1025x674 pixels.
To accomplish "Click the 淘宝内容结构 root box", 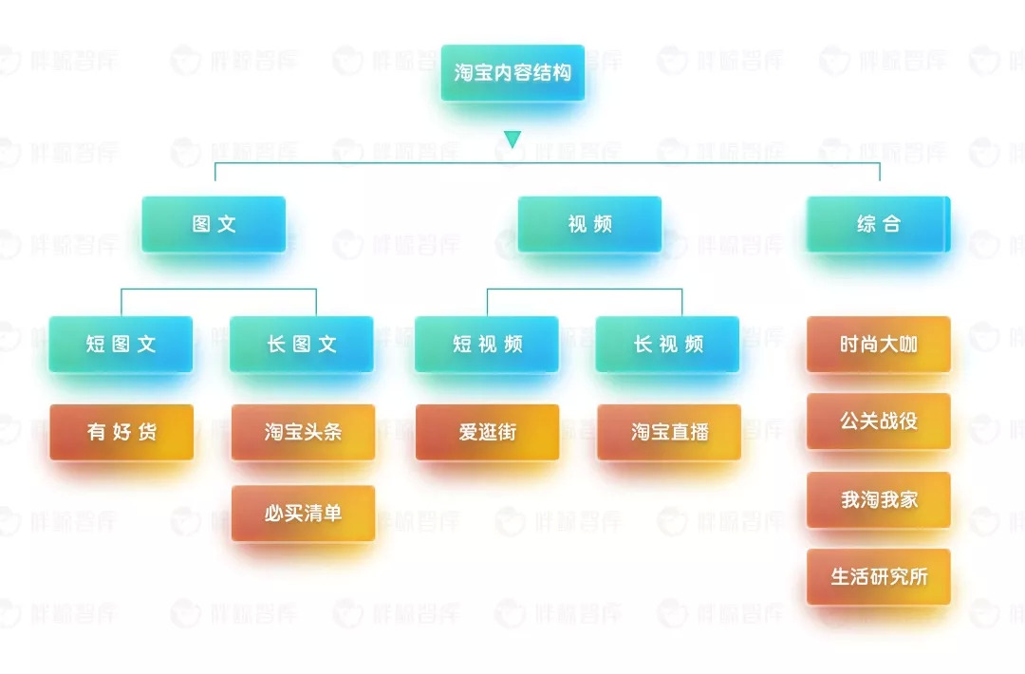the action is [x=512, y=73].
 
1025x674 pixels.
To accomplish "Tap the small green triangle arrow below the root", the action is [x=512, y=140].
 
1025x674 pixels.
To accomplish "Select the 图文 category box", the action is [x=214, y=225].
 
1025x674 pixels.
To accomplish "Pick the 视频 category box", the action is [x=589, y=225].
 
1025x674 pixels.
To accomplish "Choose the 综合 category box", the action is [x=878, y=225].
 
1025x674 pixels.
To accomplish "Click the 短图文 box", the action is [x=121, y=345].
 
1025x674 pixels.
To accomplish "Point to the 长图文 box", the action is [x=302, y=345].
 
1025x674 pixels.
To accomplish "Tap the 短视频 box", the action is [x=487, y=345].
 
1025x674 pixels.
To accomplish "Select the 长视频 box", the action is [x=668, y=345].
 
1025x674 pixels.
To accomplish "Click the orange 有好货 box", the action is [x=121, y=433].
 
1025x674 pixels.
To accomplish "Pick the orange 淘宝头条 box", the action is [x=303, y=433].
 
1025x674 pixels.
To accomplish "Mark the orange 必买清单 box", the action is [x=303, y=514].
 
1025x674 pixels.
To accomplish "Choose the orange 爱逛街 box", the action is [x=487, y=433].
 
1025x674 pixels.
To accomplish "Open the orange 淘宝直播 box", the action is [x=669, y=433].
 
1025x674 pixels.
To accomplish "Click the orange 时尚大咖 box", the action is [x=878, y=345].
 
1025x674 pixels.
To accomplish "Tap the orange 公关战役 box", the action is [x=878, y=421].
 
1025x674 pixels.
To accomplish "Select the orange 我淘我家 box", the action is [x=878, y=499].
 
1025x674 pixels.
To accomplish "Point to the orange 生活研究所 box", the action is [x=878, y=577].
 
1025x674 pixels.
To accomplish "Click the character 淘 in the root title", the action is [x=464, y=73].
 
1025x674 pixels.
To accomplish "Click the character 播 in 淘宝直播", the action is [x=699, y=433].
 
